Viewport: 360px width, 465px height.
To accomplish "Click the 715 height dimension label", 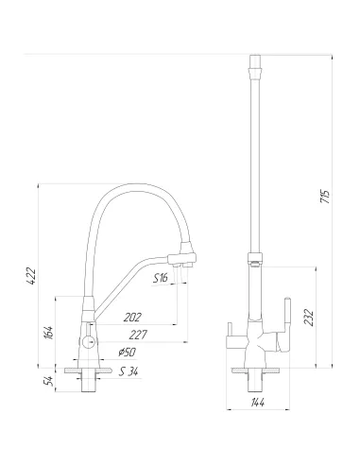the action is coord(325,196).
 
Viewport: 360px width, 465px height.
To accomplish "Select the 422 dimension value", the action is coord(31,276).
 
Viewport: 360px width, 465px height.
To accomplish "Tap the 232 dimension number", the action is coord(310,318).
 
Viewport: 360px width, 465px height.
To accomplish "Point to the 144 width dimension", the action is coord(258,402).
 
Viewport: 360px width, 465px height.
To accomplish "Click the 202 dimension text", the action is coord(132,318).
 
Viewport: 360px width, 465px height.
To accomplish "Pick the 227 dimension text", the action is coord(138,335).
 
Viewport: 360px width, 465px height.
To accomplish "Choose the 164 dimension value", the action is coord(49,333).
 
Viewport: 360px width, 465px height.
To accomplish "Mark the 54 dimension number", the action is coord(49,381).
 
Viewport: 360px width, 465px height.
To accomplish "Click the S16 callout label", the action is coord(161,278).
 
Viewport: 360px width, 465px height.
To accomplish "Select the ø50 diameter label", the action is coord(128,353).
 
